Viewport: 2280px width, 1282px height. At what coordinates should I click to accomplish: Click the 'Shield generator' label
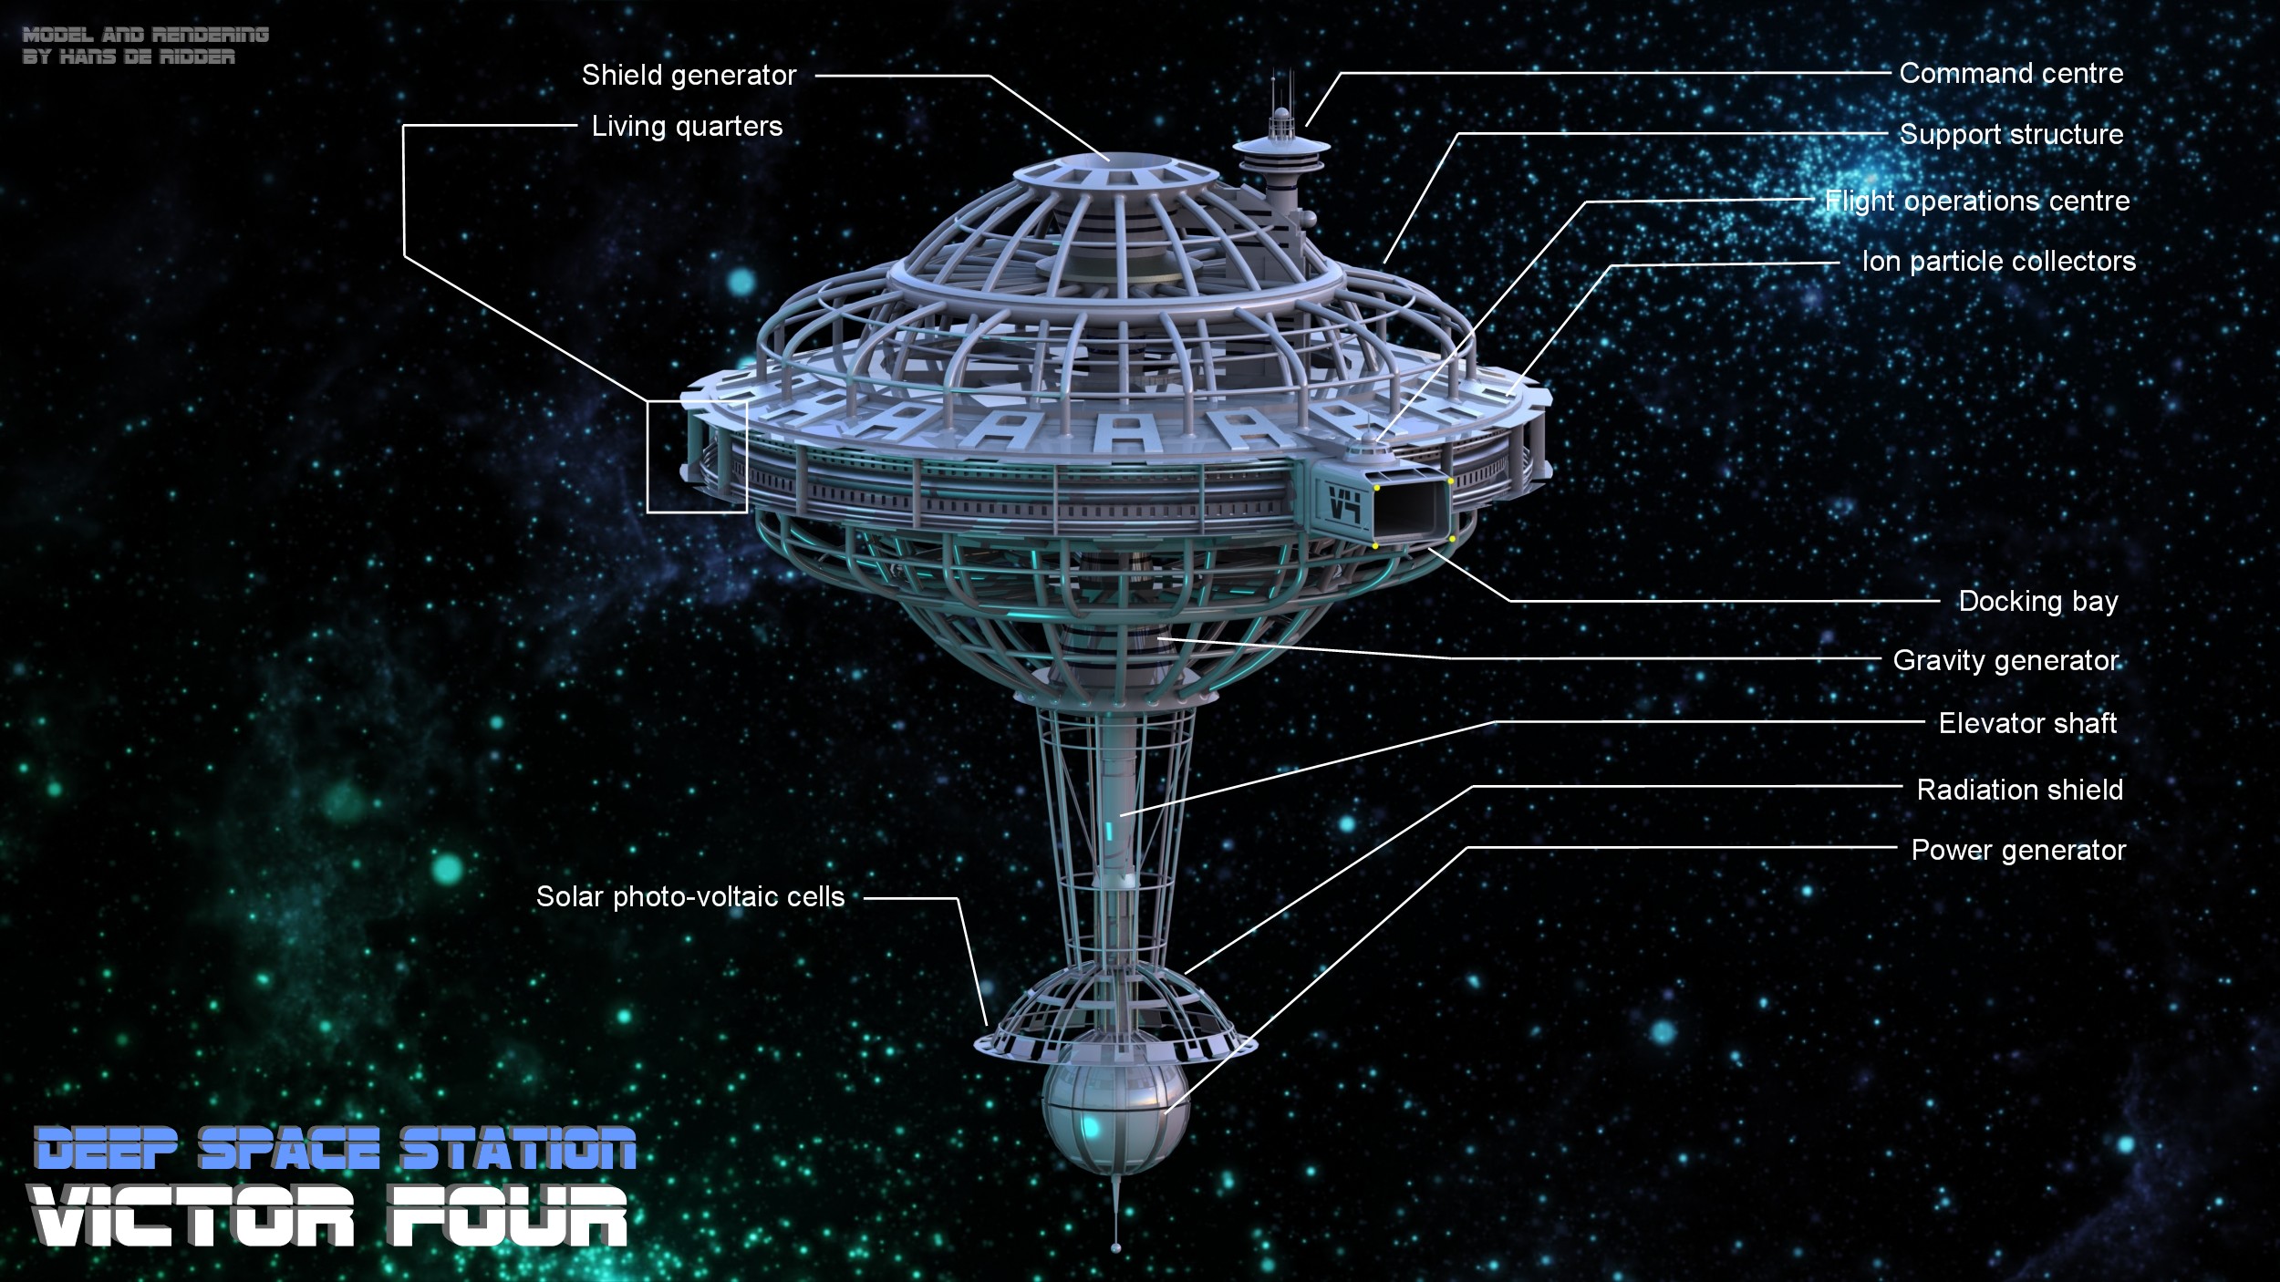click(689, 75)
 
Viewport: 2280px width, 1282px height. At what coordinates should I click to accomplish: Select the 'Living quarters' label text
click(687, 126)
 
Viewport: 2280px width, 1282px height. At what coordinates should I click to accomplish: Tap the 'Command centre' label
click(2011, 73)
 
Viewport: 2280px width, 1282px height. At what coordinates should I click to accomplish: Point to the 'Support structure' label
click(2011, 134)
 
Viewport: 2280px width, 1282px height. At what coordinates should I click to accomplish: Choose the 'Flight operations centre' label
click(1976, 201)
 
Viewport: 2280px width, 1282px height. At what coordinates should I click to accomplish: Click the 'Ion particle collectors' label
click(1998, 262)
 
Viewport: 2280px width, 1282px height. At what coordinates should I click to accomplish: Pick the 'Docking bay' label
click(2037, 602)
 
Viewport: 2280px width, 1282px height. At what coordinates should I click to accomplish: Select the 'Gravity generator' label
click(2005, 660)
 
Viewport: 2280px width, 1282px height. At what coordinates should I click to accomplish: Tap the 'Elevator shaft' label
click(2027, 723)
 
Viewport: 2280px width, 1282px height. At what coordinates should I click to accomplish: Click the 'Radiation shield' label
click(2019, 790)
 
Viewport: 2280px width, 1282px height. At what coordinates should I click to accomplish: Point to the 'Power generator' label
click(2018, 850)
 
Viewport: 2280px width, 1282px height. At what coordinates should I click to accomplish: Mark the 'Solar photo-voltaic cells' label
click(690, 896)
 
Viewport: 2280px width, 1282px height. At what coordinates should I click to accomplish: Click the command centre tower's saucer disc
click(1281, 145)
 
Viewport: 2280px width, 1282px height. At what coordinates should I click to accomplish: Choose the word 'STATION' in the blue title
click(518, 1149)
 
